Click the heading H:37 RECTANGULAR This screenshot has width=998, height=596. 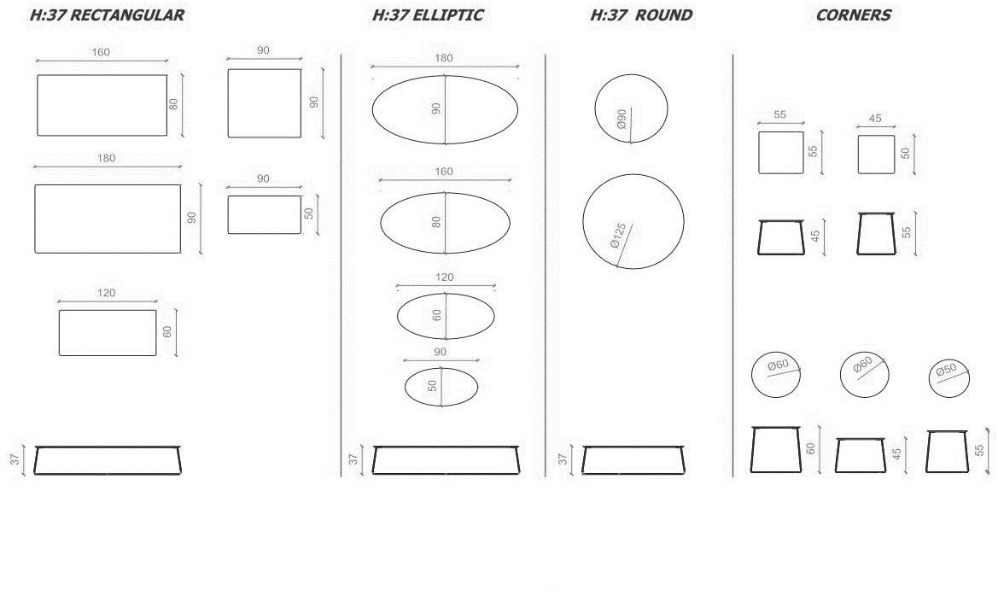point(107,15)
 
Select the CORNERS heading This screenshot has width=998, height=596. point(853,15)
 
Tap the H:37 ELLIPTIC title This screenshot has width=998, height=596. point(428,15)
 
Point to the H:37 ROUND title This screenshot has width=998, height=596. point(641,15)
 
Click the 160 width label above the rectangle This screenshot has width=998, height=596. point(101,52)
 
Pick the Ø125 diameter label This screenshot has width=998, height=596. point(618,235)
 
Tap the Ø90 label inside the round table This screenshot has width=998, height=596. point(622,119)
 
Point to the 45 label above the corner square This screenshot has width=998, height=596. point(875,119)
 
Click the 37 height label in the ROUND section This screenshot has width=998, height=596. point(563,459)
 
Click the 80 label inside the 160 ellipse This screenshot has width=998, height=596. point(436,222)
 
